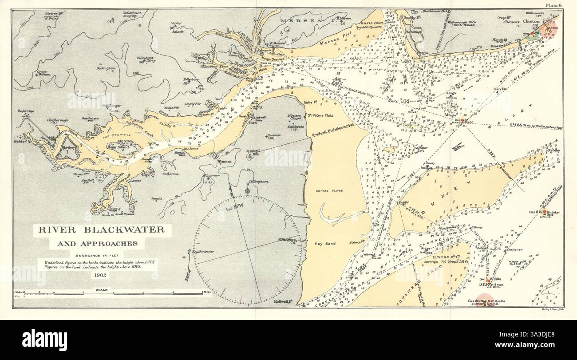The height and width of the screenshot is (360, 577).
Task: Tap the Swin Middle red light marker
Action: [488, 281]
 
